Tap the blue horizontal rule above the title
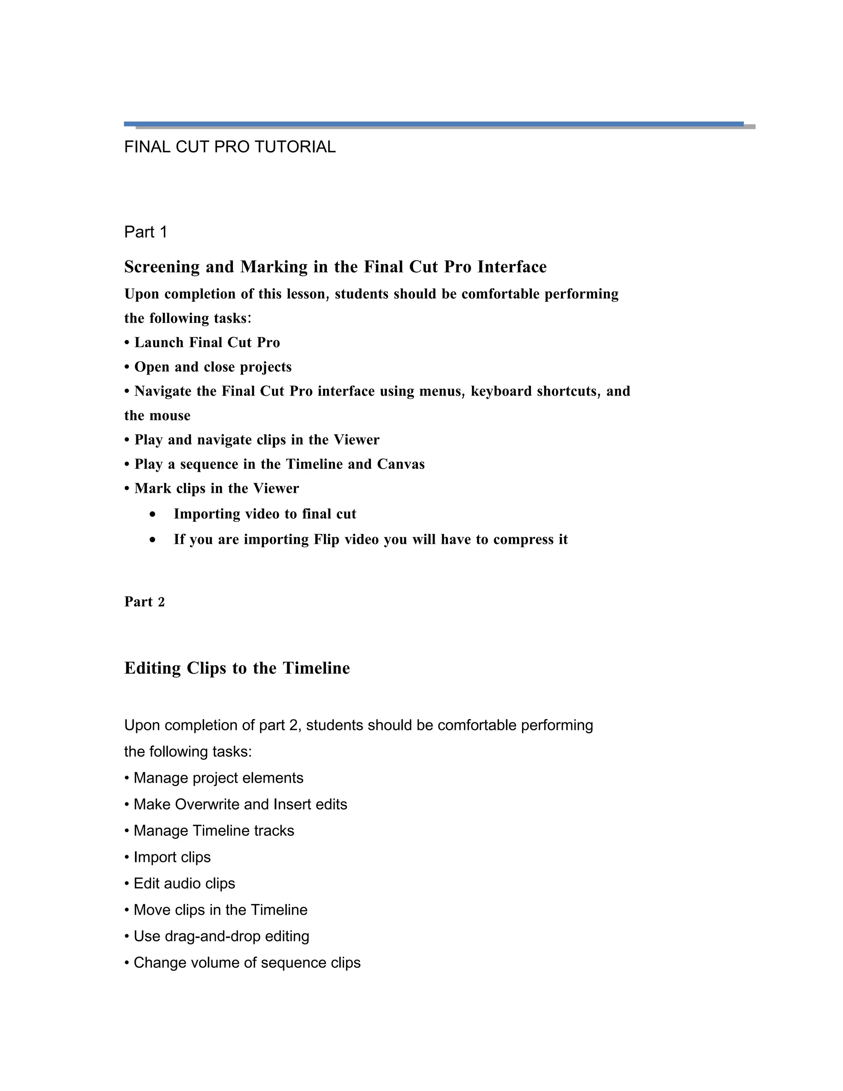coord(433,124)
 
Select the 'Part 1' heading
coord(145,232)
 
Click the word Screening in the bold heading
coord(162,267)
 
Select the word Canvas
coord(401,464)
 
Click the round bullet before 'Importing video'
coord(152,514)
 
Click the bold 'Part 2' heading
coord(144,601)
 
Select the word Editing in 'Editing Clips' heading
coord(153,668)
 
